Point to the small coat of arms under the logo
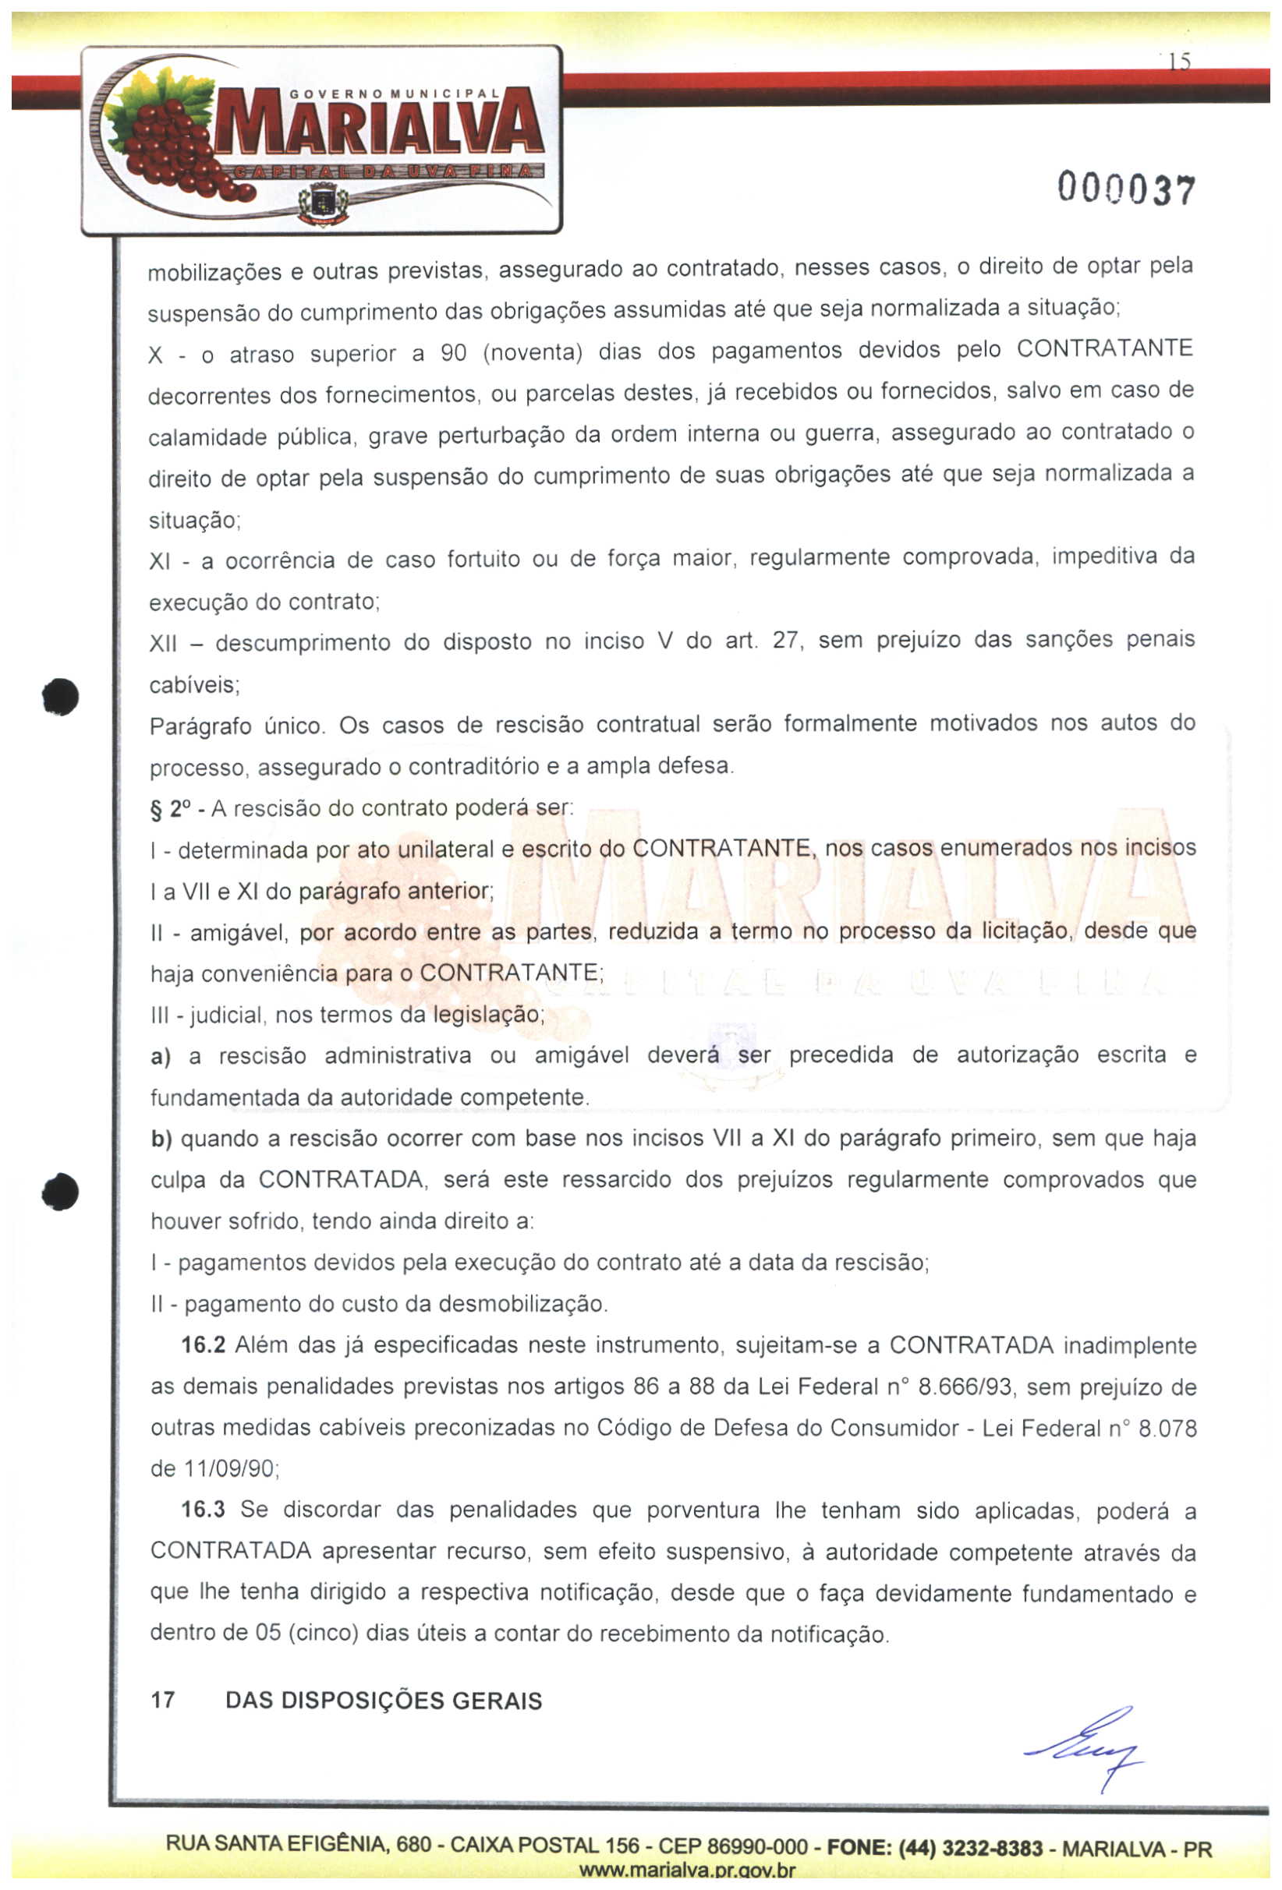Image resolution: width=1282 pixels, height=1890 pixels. (323, 203)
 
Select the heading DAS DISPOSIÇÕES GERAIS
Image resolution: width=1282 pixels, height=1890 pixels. (383, 1701)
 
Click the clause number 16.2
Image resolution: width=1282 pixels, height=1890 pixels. (203, 1345)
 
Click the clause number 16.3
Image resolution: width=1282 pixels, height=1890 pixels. (203, 1510)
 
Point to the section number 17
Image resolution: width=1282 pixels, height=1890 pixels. (163, 1701)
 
